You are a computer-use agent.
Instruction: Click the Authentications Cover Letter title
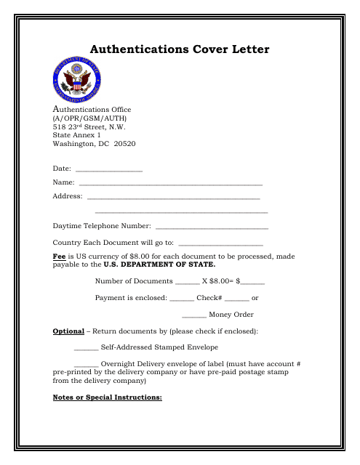pos(179,49)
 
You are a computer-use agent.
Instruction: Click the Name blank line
pos(170,185)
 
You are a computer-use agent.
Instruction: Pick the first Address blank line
pos(173,198)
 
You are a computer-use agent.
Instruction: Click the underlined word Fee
pos(60,256)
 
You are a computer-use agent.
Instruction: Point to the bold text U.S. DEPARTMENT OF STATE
pos(159,264)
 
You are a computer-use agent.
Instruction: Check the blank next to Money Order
pos(193,316)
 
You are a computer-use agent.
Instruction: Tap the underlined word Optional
pos(68,331)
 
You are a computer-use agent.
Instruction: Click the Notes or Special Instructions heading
pos(107,397)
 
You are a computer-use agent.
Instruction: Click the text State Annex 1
pos(77,135)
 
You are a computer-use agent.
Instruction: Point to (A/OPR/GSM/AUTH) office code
pos(85,118)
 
